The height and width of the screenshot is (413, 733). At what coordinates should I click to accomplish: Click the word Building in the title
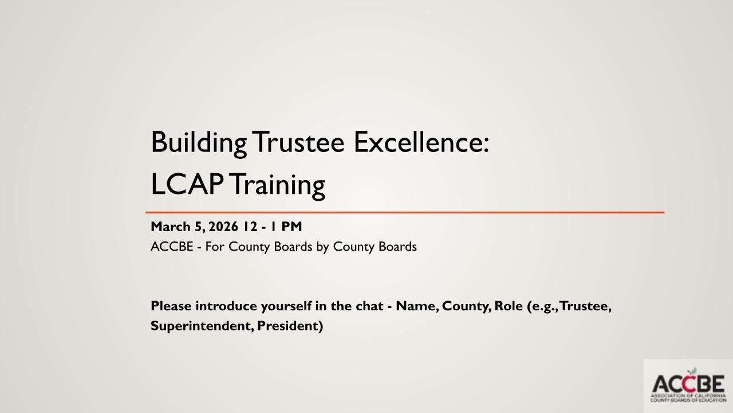198,143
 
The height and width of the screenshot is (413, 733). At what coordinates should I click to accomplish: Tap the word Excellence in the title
420,142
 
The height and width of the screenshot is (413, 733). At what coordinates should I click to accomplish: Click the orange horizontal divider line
404,212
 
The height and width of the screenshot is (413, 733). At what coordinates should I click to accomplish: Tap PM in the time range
291,227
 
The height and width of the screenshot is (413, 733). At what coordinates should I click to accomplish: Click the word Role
509,306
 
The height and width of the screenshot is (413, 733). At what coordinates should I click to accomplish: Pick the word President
290,326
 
